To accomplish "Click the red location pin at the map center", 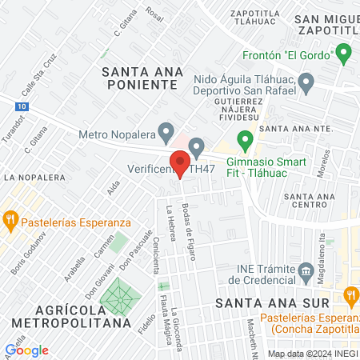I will pos(180,165).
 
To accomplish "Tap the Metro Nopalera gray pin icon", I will pos(166,130).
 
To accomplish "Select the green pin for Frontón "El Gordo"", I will pos(344,55).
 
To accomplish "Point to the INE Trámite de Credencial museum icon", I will pos(306,273).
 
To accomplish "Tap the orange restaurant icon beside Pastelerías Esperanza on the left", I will pos(10,218).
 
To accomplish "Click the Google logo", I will pos(26,350).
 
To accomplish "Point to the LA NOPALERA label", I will pos(34,177).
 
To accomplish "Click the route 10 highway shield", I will pos(22,105).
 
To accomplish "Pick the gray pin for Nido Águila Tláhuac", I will pos(306,81).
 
